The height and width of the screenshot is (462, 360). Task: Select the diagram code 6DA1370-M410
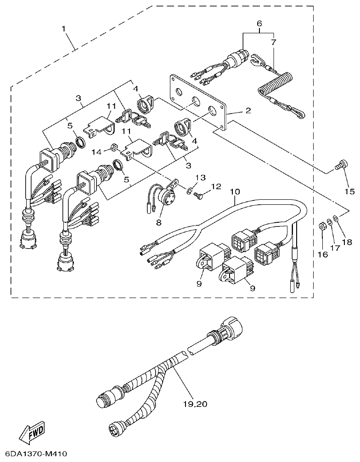[34, 454]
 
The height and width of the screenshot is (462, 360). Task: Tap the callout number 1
[64, 28]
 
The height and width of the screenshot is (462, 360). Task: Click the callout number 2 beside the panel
[247, 111]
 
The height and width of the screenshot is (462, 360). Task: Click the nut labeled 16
[323, 226]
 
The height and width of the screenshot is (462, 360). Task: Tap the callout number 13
[199, 178]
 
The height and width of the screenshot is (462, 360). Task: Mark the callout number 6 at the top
[259, 23]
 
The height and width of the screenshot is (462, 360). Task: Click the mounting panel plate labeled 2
[198, 104]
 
